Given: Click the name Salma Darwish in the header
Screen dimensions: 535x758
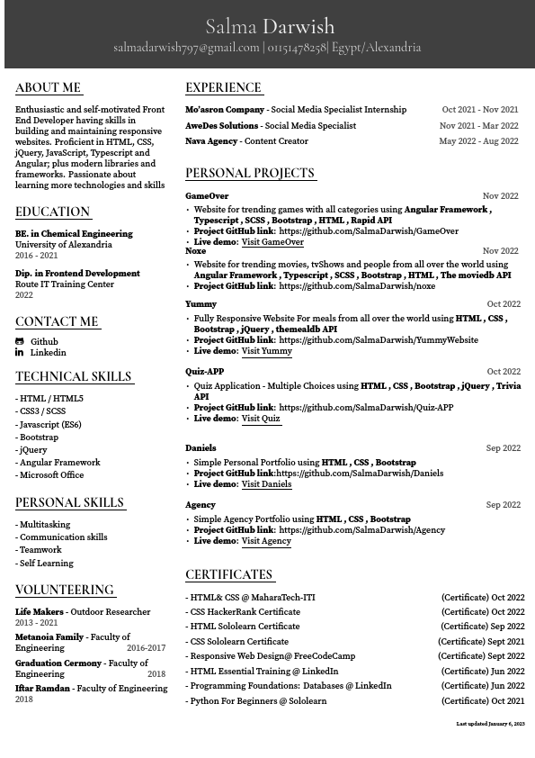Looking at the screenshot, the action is (x=270, y=26).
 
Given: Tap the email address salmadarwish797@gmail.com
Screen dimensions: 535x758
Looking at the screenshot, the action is (x=186, y=48).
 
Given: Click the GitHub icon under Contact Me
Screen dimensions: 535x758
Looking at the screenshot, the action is (x=20, y=342).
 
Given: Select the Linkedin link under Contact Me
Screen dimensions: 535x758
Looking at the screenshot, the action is (x=48, y=353).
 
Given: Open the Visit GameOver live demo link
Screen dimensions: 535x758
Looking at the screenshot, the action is (x=272, y=243).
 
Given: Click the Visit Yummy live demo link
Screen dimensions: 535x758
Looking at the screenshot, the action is (x=266, y=351).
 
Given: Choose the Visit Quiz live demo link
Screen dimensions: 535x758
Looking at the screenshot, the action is (x=261, y=419).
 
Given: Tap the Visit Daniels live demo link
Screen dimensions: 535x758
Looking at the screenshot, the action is (x=266, y=484).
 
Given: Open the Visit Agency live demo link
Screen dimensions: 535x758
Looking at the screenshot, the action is (x=266, y=541).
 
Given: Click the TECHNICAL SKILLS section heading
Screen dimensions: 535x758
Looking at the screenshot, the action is (x=74, y=377).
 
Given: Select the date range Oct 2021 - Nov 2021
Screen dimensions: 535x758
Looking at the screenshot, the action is (x=479, y=110).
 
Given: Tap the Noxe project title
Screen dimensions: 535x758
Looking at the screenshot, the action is (x=196, y=251).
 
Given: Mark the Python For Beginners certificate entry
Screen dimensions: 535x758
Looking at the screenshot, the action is (x=257, y=701).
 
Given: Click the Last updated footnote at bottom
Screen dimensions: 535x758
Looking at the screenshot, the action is (x=489, y=724).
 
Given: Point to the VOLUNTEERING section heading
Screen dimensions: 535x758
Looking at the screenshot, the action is (x=65, y=591).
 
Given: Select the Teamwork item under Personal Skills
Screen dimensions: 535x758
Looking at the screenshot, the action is (x=40, y=550).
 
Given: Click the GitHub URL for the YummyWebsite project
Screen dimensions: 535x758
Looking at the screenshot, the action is (x=379, y=340).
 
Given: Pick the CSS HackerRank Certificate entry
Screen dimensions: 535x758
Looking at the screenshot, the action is (x=244, y=612).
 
